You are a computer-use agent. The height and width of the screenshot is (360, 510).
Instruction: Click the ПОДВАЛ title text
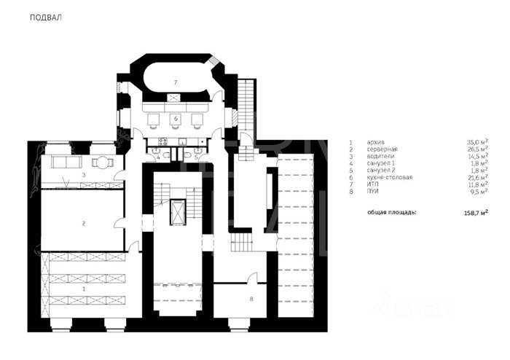45,17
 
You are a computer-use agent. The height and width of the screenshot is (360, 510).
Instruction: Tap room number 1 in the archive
84,289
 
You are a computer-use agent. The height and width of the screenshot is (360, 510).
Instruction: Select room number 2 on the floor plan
84,224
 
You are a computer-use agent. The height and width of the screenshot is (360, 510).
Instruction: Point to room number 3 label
84,175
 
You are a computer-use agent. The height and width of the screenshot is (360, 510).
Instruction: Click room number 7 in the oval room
176,82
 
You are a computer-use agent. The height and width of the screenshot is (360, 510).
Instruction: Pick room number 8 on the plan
251,299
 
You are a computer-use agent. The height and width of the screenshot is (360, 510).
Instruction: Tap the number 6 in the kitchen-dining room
176,118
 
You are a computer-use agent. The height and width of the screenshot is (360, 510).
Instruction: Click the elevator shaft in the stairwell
177,212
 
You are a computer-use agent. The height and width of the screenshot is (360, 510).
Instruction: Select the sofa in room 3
66,162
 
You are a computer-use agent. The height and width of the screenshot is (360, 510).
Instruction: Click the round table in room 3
103,162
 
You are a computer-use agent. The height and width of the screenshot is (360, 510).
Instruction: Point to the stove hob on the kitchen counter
162,141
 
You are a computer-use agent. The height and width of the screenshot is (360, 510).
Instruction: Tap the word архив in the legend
376,142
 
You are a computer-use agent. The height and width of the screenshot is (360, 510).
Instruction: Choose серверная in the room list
382,149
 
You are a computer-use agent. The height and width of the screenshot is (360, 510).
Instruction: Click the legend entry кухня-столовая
390,177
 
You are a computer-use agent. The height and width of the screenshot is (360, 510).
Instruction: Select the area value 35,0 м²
477,142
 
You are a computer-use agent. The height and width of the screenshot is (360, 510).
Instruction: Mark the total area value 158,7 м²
476,214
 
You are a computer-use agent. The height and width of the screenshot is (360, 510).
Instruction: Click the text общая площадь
392,213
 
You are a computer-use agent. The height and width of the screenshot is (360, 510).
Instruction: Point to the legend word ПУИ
373,191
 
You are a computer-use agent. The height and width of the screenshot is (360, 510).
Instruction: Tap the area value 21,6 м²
477,177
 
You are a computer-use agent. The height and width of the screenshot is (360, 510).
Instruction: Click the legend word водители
380,156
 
